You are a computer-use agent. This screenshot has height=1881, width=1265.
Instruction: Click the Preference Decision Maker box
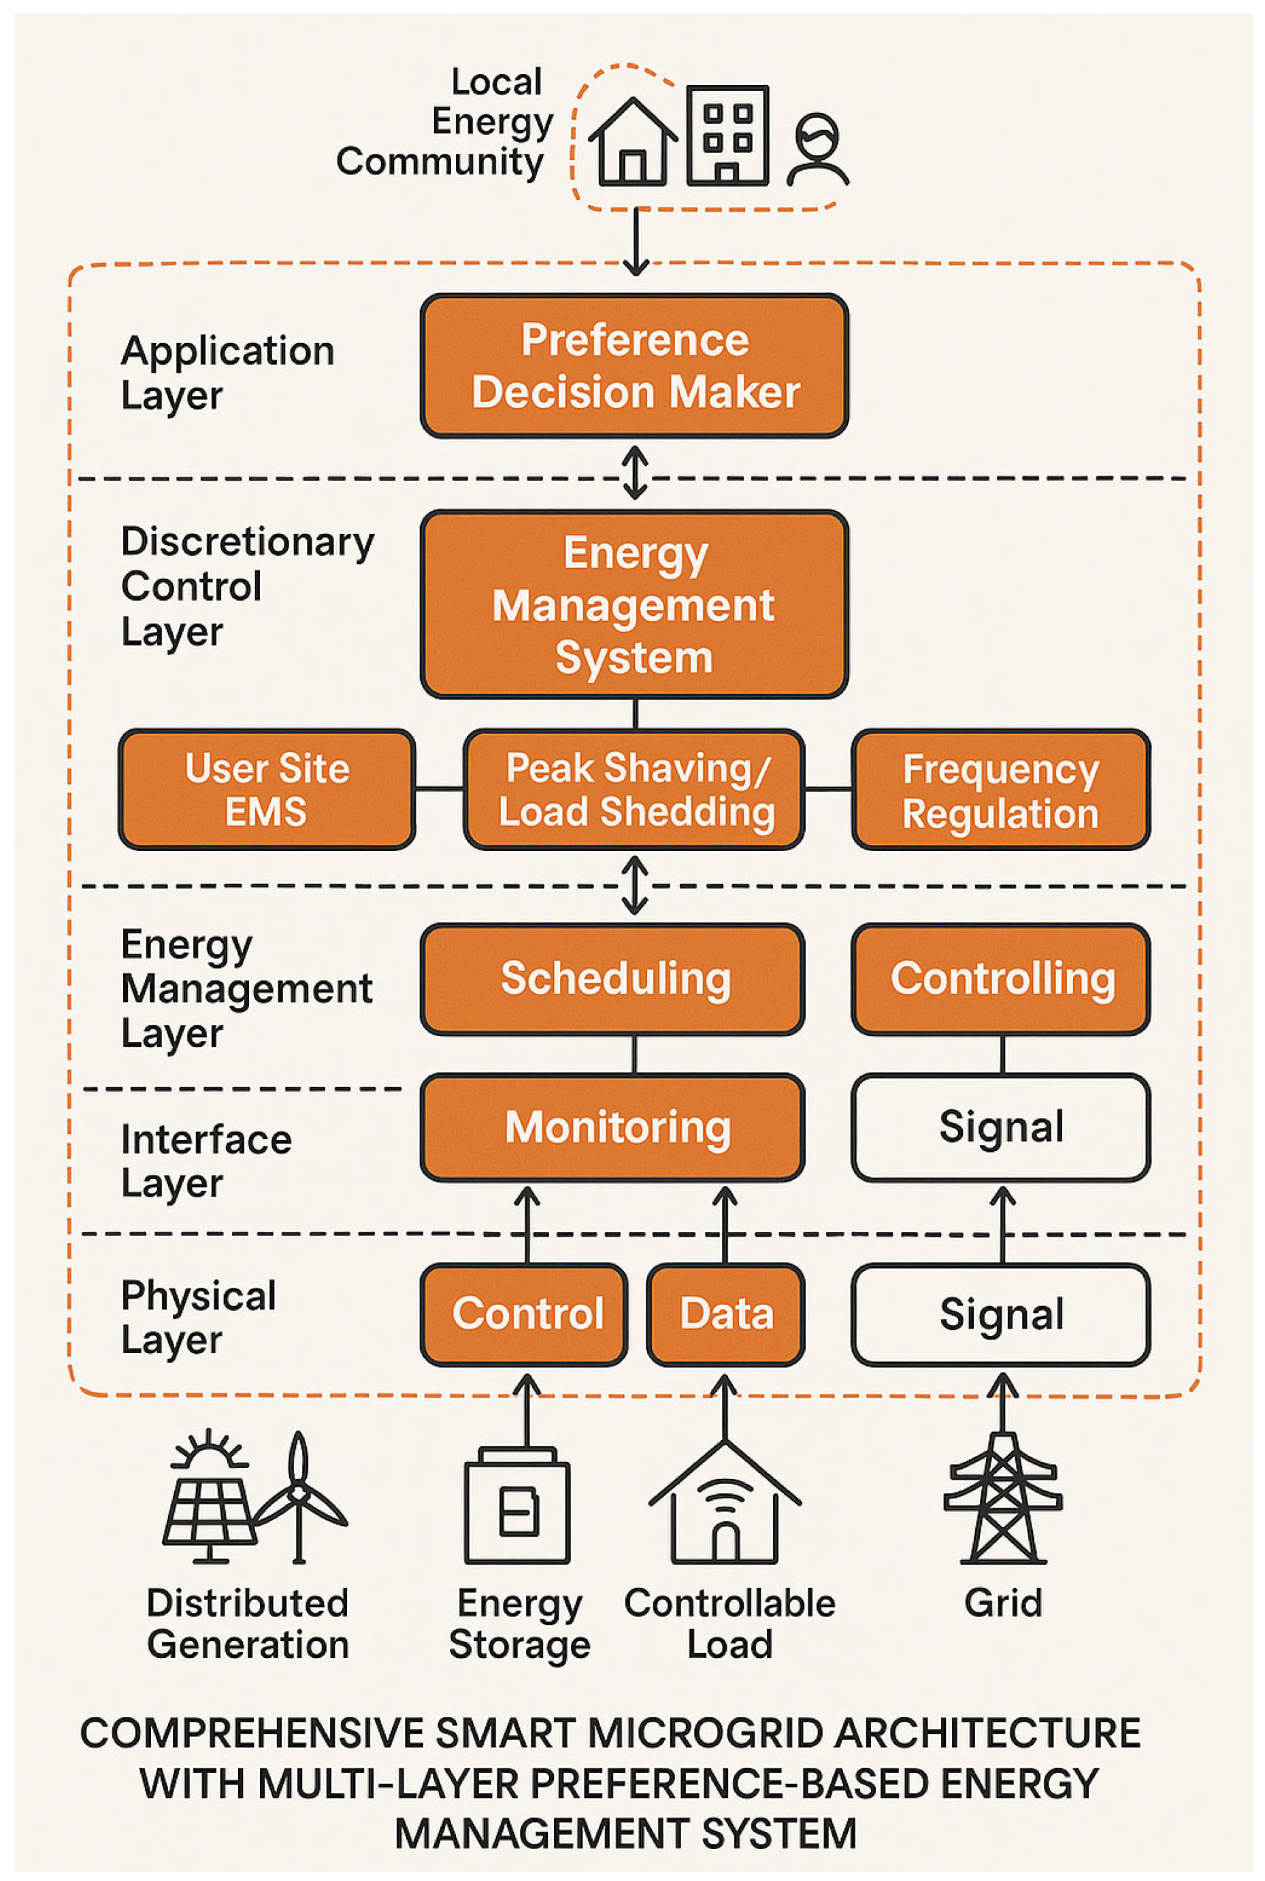(634, 365)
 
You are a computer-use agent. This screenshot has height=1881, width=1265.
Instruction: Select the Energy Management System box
(634, 604)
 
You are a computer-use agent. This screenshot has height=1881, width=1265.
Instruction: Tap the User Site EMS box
(267, 789)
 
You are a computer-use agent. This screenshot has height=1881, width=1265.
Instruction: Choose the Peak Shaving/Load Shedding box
(634, 789)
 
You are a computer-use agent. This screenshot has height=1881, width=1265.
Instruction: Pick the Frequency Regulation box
(1001, 789)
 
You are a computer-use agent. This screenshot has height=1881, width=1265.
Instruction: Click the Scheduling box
(612, 978)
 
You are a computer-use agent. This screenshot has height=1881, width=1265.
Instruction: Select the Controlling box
(1001, 978)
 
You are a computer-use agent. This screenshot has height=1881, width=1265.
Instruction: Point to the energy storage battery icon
(517, 1505)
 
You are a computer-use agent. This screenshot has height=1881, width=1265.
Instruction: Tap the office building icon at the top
(727, 135)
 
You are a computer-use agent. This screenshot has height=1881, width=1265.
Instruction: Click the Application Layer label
(227, 373)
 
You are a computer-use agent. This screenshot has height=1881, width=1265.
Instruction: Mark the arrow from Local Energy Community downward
(636, 242)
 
